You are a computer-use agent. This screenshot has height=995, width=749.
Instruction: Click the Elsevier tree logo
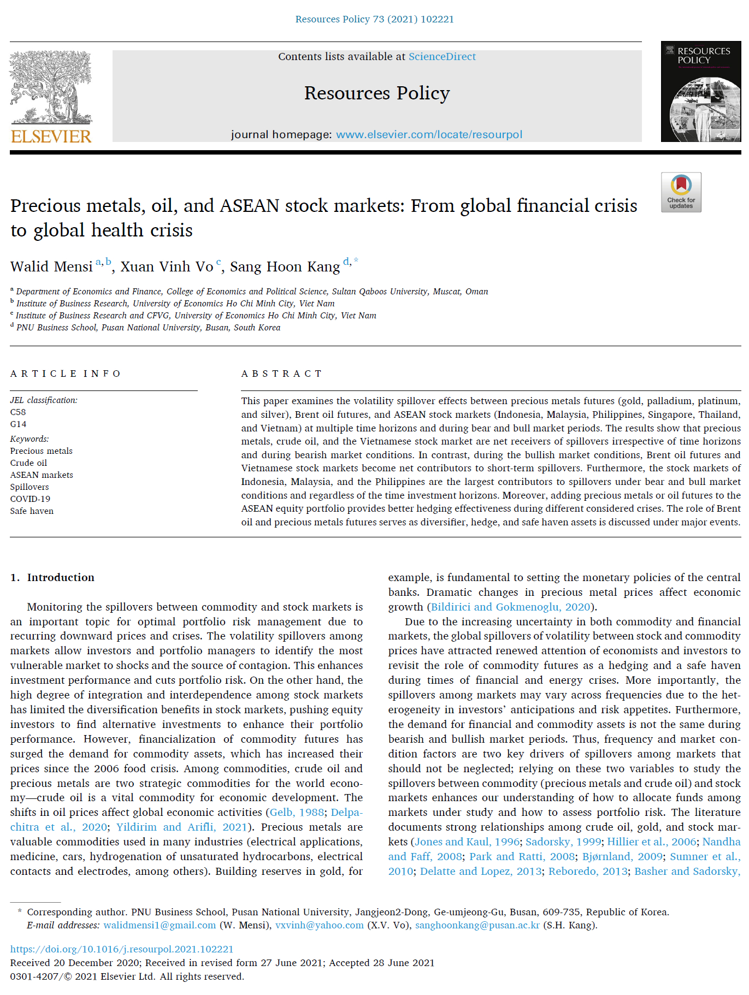[51, 87]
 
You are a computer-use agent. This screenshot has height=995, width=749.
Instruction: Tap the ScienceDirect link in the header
[442, 57]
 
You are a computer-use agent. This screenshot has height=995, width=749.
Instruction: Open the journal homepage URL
[429, 135]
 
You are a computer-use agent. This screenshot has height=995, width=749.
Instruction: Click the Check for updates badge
[681, 192]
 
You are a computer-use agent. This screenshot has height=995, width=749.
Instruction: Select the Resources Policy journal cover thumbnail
[700, 92]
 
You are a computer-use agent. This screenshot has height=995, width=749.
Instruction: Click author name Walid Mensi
[51, 267]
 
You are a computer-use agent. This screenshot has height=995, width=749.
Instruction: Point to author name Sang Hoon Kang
[285, 267]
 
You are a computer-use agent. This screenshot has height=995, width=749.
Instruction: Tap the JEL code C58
[18, 412]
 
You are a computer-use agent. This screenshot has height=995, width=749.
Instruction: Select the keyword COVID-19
[30, 499]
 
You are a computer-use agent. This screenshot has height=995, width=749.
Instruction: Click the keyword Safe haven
[32, 511]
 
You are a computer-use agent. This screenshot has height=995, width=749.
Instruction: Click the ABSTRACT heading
[281, 374]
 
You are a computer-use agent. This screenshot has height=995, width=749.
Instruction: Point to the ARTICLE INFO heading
[66, 374]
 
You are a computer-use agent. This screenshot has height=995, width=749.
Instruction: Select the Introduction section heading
[61, 578]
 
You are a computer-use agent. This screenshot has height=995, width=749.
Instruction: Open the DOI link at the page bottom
[122, 949]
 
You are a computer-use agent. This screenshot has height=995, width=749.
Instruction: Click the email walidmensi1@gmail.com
[160, 925]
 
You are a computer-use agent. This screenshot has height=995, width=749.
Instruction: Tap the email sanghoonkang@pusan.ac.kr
[477, 925]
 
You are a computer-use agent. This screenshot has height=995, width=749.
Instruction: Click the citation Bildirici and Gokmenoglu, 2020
[510, 607]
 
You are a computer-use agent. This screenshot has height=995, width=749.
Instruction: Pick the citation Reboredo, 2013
[588, 872]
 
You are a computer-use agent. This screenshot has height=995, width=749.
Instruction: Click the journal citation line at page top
[374, 19]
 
